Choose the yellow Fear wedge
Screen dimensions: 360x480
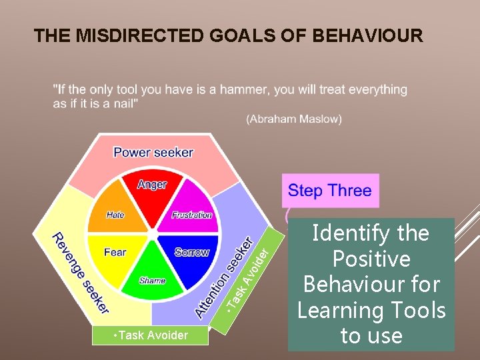[116, 254]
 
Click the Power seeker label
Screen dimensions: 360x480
[153, 152]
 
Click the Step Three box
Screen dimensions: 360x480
[330, 191]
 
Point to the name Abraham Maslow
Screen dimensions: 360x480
[293, 119]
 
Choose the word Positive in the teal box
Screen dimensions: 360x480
[371, 259]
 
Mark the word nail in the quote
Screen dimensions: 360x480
[125, 103]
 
